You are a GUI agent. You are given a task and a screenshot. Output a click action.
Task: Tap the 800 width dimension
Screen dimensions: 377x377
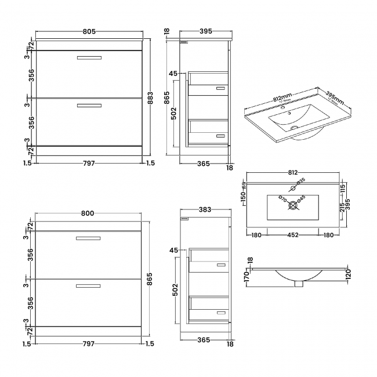pyautogui.click(x=87, y=213)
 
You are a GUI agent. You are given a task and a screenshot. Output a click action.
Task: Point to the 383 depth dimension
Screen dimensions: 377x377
pyautogui.click(x=205, y=209)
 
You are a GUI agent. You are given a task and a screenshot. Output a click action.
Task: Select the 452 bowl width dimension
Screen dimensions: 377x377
pyautogui.click(x=293, y=235)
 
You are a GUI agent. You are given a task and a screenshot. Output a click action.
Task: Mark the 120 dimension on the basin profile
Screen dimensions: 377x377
pyautogui.click(x=348, y=274)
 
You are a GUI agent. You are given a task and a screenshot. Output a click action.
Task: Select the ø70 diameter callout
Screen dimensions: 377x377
pyautogui.click(x=282, y=200)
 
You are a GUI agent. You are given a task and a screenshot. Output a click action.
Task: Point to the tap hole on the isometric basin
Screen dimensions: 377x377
pyautogui.click(x=284, y=108)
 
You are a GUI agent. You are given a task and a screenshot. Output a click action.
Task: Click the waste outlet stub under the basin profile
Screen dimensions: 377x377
pyautogui.click(x=298, y=284)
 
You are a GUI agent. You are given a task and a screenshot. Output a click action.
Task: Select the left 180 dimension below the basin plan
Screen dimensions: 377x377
pyautogui.click(x=256, y=235)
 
